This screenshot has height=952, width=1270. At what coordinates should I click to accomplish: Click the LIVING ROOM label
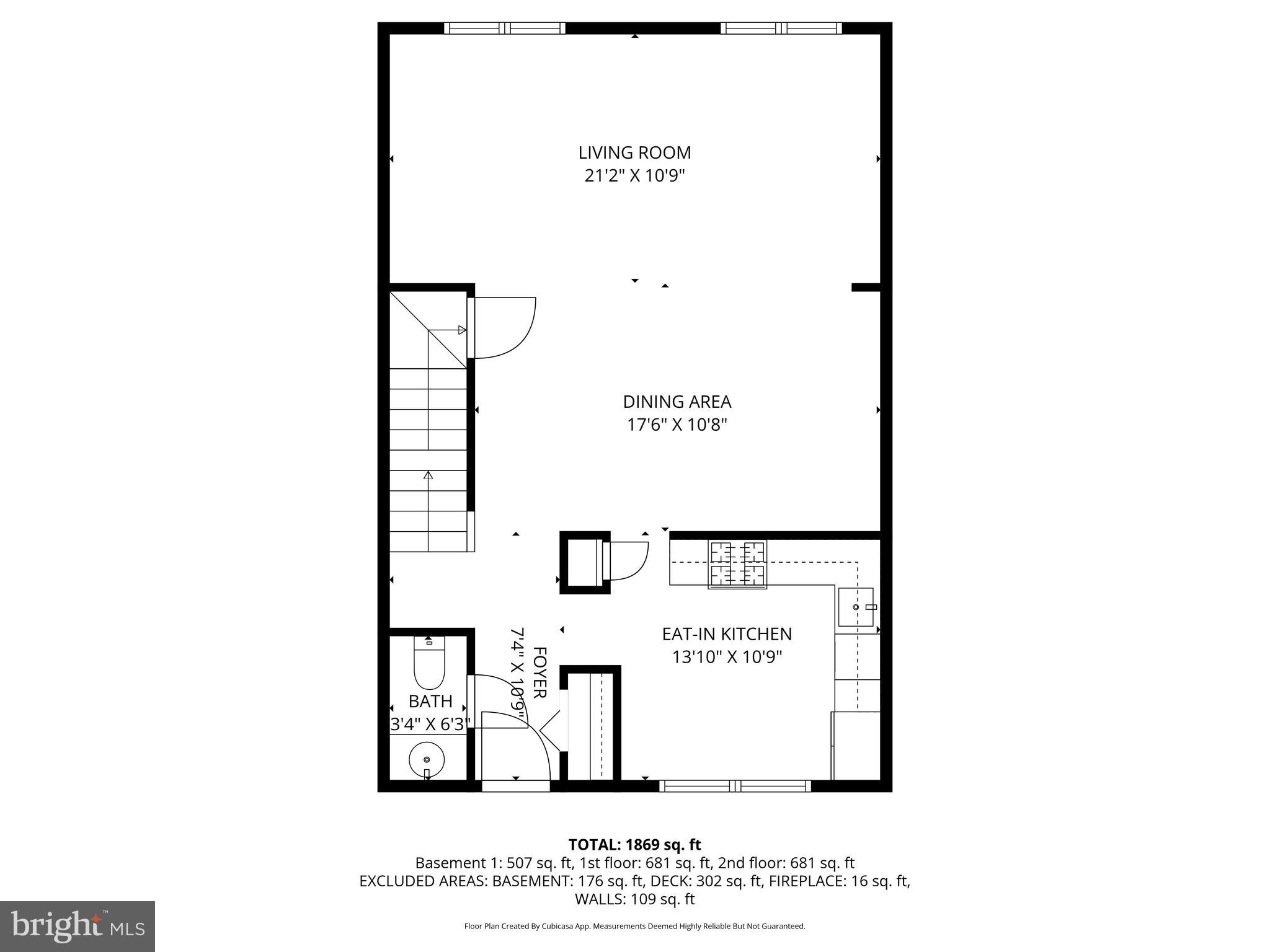click(x=634, y=152)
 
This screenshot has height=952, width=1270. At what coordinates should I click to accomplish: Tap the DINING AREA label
click(x=677, y=402)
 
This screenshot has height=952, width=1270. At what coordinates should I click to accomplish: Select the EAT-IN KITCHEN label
click(x=727, y=634)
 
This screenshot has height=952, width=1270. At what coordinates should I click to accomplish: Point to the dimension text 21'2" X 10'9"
click(x=634, y=176)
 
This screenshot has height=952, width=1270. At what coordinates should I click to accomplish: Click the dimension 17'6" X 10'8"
click(x=677, y=425)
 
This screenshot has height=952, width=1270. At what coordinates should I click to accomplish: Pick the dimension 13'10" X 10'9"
click(x=727, y=657)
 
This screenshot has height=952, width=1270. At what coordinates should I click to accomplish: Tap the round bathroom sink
click(x=426, y=759)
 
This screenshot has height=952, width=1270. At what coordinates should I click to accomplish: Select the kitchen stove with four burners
click(x=737, y=563)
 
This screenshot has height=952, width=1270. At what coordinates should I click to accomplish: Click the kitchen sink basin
click(x=856, y=607)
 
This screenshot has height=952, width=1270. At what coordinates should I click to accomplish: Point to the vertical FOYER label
click(x=540, y=672)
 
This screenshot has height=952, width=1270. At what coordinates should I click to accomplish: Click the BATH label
click(x=430, y=702)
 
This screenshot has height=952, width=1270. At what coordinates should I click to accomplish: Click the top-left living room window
click(x=505, y=29)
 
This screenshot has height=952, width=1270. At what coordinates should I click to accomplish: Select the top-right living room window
click(x=781, y=29)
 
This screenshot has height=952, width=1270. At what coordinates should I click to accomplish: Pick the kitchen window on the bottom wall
click(x=735, y=786)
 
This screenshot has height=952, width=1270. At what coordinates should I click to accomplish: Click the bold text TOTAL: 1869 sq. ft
click(x=634, y=844)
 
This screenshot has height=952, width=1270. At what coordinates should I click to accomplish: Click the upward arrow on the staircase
click(x=428, y=475)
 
